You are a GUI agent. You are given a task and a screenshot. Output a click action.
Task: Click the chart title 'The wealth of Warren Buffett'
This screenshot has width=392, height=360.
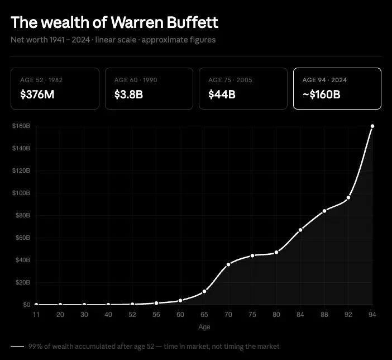click(114, 22)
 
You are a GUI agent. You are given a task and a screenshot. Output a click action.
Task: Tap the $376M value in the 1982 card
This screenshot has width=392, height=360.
click(37, 94)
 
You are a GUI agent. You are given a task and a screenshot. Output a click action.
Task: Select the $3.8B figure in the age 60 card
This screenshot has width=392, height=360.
click(128, 94)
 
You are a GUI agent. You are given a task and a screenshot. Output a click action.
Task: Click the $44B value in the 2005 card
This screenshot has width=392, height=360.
click(222, 94)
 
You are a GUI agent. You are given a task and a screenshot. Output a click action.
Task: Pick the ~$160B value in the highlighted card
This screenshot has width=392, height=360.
click(321, 94)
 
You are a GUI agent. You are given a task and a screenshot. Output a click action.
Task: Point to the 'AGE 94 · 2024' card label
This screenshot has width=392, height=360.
click(325, 80)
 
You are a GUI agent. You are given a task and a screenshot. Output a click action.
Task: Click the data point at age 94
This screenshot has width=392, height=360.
click(372, 126)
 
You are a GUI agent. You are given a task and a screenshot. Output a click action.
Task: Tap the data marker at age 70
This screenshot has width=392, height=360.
click(228, 264)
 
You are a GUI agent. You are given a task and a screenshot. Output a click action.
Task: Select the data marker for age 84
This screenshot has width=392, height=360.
click(300, 230)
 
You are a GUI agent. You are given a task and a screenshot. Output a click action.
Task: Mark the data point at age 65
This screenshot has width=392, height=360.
click(204, 291)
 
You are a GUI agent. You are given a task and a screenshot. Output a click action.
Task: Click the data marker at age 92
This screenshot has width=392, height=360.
click(348, 197)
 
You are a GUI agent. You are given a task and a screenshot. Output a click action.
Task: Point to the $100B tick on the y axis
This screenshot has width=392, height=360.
click(21, 193)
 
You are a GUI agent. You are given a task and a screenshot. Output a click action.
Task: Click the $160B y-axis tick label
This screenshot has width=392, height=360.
click(21, 126)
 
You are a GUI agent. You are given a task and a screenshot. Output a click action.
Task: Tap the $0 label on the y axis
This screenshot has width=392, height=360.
click(26, 305)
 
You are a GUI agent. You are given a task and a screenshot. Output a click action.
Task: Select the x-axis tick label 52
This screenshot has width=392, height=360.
click(132, 315)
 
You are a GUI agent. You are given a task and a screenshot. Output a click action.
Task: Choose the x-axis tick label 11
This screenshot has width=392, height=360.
click(36, 315)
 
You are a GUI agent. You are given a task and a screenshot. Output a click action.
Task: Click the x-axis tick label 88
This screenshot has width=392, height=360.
click(324, 315)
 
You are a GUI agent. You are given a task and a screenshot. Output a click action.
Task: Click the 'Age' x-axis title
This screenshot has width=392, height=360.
click(204, 326)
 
